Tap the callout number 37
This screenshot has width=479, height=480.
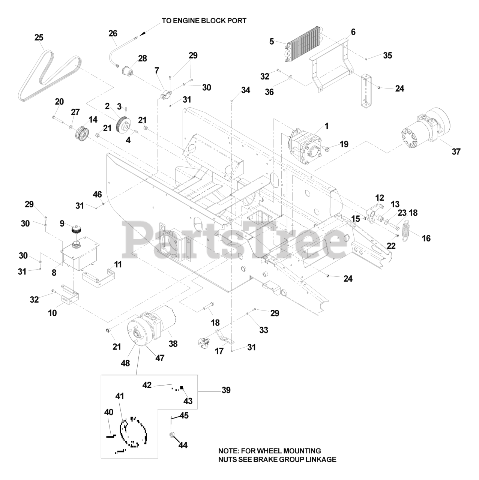point(456,151)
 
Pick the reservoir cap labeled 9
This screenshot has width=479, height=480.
point(77,229)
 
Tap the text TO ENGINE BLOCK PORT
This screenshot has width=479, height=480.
point(204,21)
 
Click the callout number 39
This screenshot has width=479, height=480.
point(226,390)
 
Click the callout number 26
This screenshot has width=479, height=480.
point(113,33)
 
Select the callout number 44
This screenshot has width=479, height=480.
point(183,445)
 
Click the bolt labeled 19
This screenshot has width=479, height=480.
point(326,149)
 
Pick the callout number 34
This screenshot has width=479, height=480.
point(245,90)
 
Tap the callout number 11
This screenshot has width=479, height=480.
point(118,264)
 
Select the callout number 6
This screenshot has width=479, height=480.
point(353,32)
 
